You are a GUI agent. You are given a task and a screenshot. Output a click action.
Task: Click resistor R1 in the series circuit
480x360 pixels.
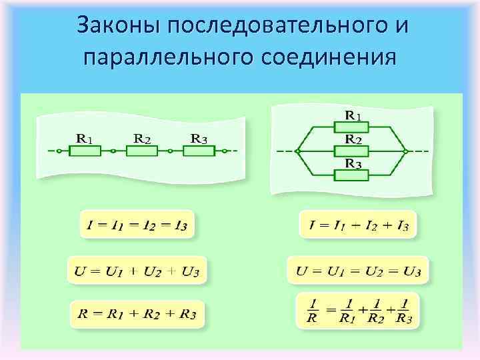(x=85, y=151)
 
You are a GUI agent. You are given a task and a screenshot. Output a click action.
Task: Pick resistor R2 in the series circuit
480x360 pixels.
(x=142, y=151)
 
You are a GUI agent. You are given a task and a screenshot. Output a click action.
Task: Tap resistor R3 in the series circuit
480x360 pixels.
(x=199, y=151)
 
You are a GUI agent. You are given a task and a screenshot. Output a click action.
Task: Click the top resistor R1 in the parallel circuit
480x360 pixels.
(x=352, y=125)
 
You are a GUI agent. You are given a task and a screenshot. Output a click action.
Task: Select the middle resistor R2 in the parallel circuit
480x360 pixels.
(x=352, y=151)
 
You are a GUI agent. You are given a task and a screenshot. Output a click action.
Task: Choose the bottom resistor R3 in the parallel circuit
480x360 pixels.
(x=352, y=175)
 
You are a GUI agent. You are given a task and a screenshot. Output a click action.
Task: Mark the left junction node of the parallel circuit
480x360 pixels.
(x=299, y=151)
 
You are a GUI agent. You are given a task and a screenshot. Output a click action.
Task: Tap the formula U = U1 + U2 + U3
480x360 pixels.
(x=137, y=271)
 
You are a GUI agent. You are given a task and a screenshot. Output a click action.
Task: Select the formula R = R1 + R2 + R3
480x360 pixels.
(x=137, y=313)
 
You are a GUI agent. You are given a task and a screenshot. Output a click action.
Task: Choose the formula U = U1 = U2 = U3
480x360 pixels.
(x=358, y=271)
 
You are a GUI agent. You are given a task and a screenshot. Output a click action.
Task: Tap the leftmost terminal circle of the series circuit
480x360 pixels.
(x=59, y=151)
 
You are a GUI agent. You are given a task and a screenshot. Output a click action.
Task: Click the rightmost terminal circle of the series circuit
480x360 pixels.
(x=225, y=151)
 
